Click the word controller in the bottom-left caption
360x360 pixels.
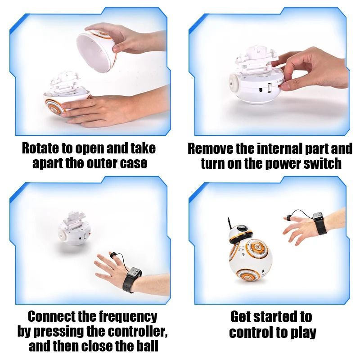(130, 332)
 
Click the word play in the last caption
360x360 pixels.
(302, 333)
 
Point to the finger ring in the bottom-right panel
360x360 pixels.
(287, 219)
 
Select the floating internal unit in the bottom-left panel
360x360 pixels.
(74, 227)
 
